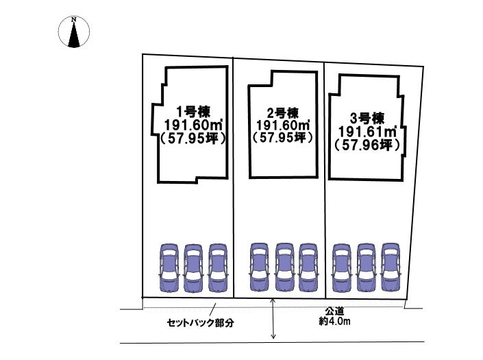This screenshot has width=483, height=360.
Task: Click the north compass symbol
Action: coord(75,33)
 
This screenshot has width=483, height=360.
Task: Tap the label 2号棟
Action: coord(283,112)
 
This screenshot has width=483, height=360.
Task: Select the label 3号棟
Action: coord(367,117)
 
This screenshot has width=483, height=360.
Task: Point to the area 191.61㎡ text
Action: coord(367,131)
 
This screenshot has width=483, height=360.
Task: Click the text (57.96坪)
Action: coord(367,145)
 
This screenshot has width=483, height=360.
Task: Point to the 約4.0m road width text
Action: coord(334,321)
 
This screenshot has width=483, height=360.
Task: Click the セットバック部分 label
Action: coord(200,322)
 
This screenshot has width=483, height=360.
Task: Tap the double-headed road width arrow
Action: coord(274,320)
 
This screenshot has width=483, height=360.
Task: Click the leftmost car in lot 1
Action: coord(169,269)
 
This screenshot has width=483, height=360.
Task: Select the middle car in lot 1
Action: coord(193,269)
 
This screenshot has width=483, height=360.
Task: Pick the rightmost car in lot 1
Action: coord(217,269)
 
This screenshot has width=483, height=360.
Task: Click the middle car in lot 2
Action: coord(284,269)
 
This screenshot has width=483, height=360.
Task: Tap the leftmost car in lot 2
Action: coord(259,269)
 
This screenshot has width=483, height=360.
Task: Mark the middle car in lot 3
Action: coord(366,269)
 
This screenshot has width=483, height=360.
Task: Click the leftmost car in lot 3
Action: coord(341,269)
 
